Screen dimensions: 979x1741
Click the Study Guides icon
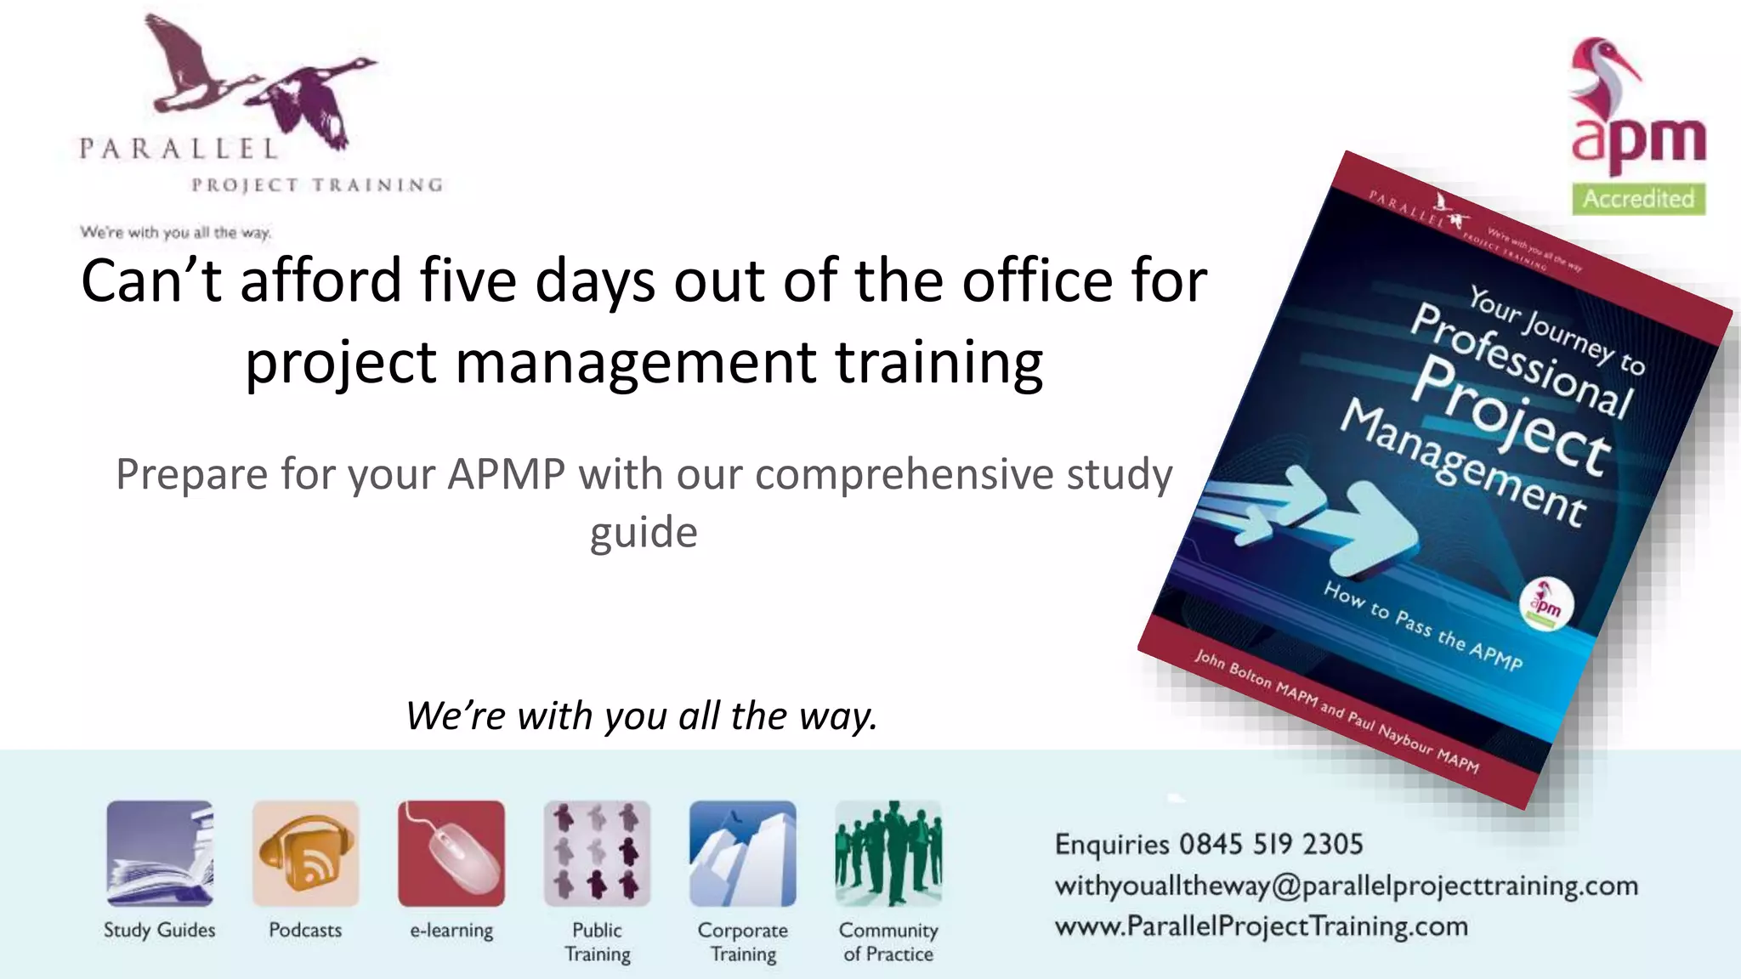pos(160,853)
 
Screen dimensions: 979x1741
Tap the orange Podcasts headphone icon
pos(305,853)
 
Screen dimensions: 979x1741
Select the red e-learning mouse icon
pos(451,853)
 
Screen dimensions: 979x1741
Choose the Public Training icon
pos(597,853)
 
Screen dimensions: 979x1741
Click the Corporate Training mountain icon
pos(743,853)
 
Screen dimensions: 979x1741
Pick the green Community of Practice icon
pos(888,853)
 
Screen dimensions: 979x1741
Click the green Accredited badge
pos(1638,199)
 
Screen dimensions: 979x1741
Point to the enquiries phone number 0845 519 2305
pos(1271,844)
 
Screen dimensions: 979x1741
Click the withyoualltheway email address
pos(1346,886)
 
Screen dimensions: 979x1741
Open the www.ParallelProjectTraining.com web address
pos(1261,925)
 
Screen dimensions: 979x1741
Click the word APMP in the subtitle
pos(506,474)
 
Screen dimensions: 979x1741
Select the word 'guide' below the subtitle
pos(644,533)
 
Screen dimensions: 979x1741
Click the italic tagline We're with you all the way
pos(642,716)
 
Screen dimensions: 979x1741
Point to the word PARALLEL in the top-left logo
pos(179,150)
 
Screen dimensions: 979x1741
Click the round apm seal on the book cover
pos(1545,604)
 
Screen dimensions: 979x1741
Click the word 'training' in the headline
pos(939,362)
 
